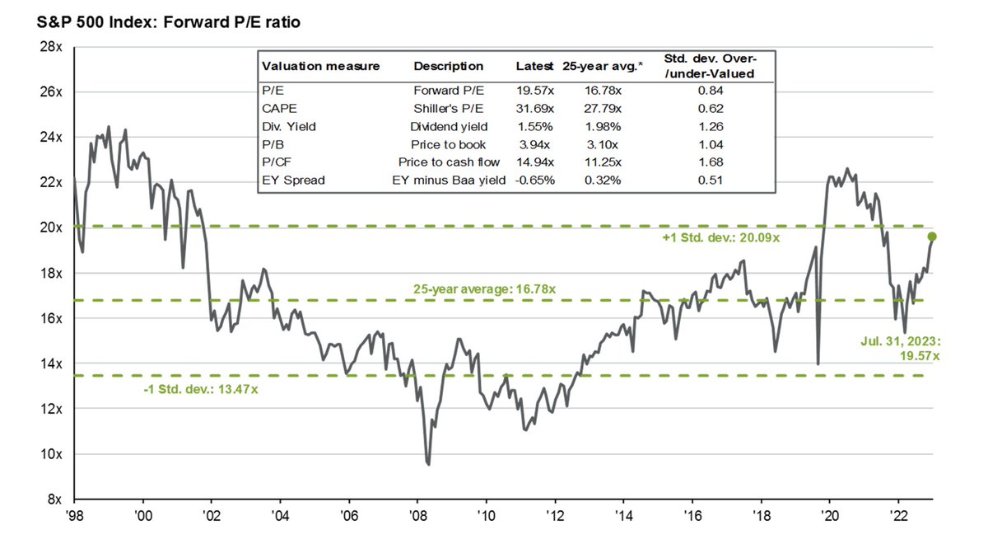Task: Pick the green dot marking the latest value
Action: (x=931, y=237)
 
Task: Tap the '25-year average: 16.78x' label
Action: (x=483, y=288)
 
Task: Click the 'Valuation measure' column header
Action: (x=320, y=67)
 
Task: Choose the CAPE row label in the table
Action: (x=276, y=108)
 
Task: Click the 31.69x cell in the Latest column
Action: (x=535, y=108)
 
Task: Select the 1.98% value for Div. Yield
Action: (x=603, y=126)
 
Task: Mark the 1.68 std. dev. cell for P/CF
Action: (x=709, y=162)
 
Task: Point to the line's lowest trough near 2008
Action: (x=428, y=463)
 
